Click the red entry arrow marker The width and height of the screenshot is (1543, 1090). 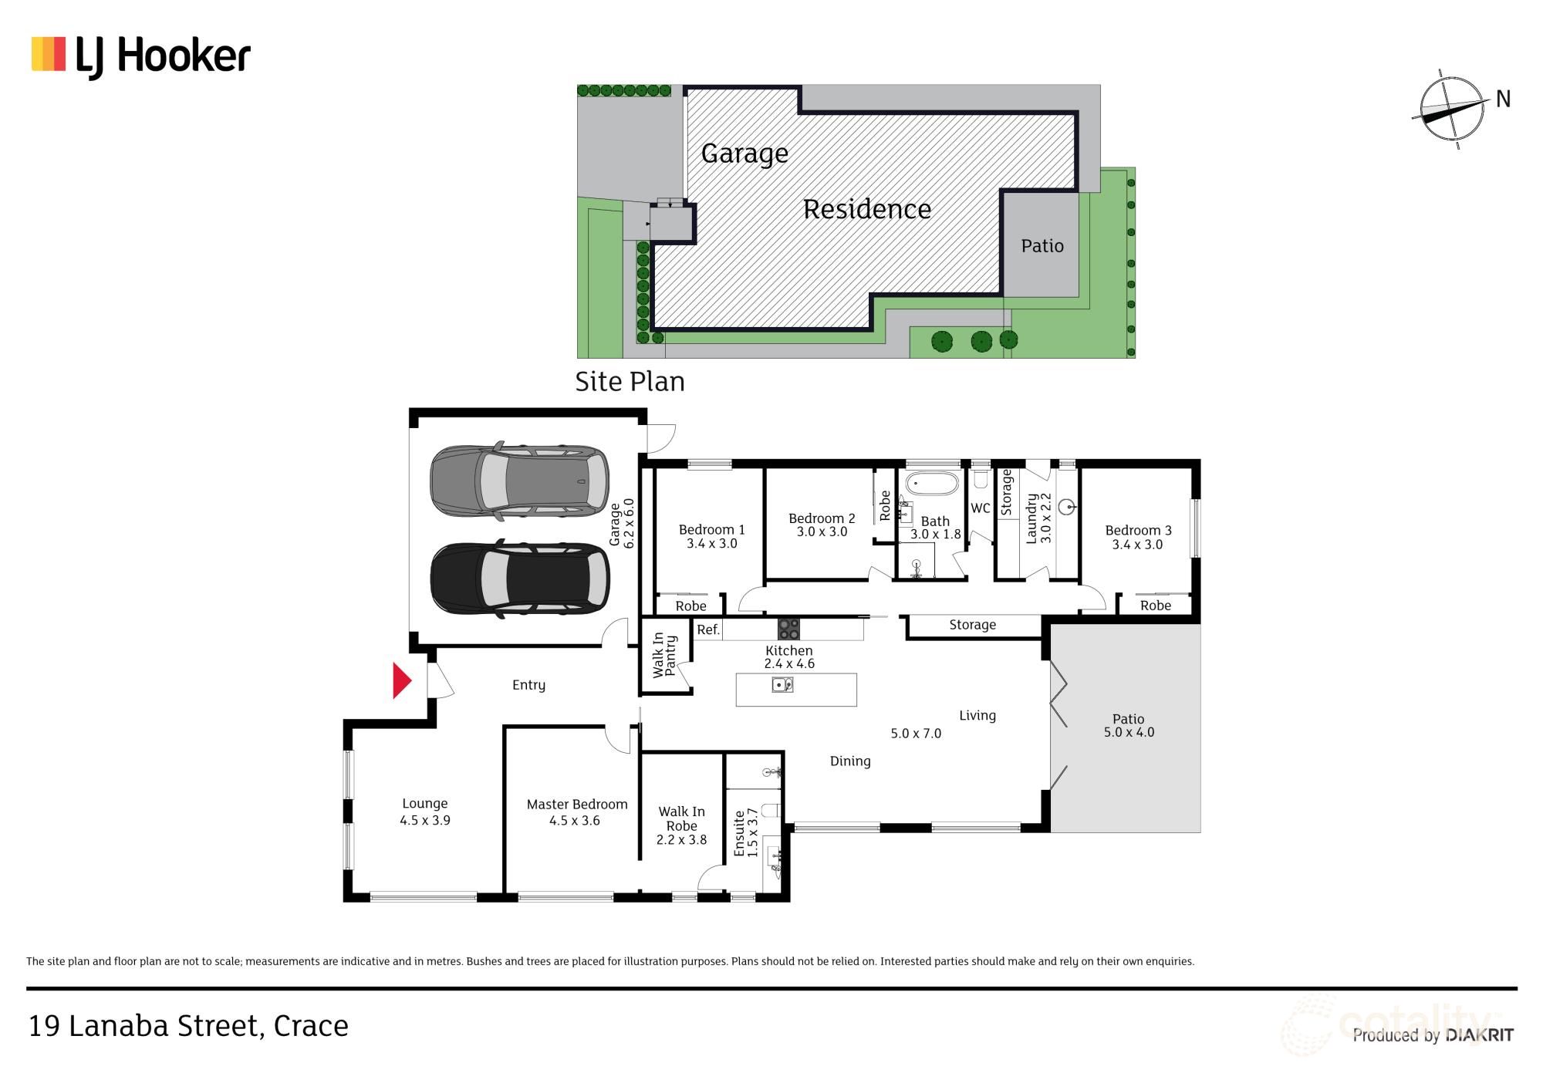point(401,680)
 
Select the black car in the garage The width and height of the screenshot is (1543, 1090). point(519,579)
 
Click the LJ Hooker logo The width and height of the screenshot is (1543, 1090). point(141,56)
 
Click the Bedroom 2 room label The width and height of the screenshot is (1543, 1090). point(822,525)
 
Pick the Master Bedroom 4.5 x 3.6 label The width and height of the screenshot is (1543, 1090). point(576,812)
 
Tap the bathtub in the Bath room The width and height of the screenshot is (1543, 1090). point(931,484)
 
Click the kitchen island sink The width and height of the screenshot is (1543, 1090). point(782,684)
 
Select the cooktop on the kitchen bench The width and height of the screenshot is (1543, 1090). point(788,629)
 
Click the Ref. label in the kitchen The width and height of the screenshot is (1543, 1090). point(707,629)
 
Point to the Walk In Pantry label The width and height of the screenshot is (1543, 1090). point(664,656)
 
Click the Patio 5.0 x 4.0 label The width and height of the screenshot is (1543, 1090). point(1128,725)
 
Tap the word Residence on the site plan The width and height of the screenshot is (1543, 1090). point(866,209)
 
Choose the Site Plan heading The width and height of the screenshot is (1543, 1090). point(630,381)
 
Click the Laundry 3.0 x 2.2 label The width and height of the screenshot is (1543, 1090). point(1038,518)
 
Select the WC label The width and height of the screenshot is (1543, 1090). point(980,508)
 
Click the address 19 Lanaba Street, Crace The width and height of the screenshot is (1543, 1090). point(188,1026)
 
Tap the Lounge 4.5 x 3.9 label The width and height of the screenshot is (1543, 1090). point(424,812)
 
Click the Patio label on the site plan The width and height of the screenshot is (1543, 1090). point(1042,246)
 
